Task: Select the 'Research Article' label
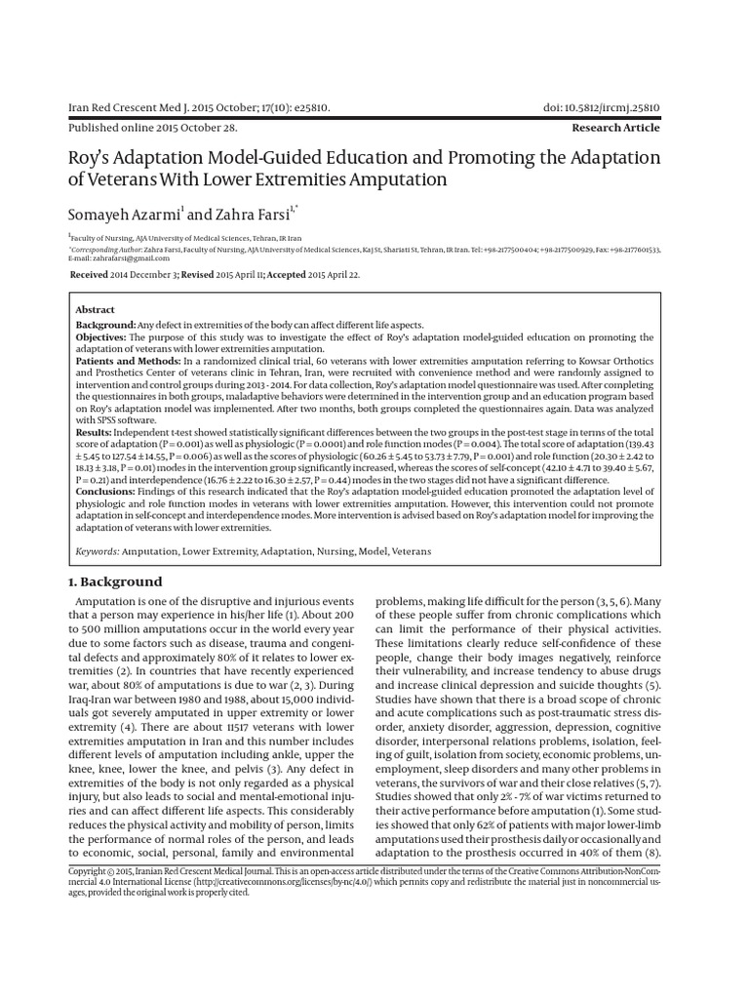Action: (x=615, y=128)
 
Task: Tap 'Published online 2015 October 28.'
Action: (x=151, y=128)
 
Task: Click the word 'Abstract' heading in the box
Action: (x=96, y=309)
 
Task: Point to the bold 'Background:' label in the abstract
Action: (x=106, y=324)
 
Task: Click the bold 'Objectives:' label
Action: (x=102, y=337)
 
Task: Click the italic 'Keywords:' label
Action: (x=99, y=551)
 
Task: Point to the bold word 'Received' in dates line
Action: (x=90, y=276)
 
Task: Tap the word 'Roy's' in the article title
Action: (x=90, y=158)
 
